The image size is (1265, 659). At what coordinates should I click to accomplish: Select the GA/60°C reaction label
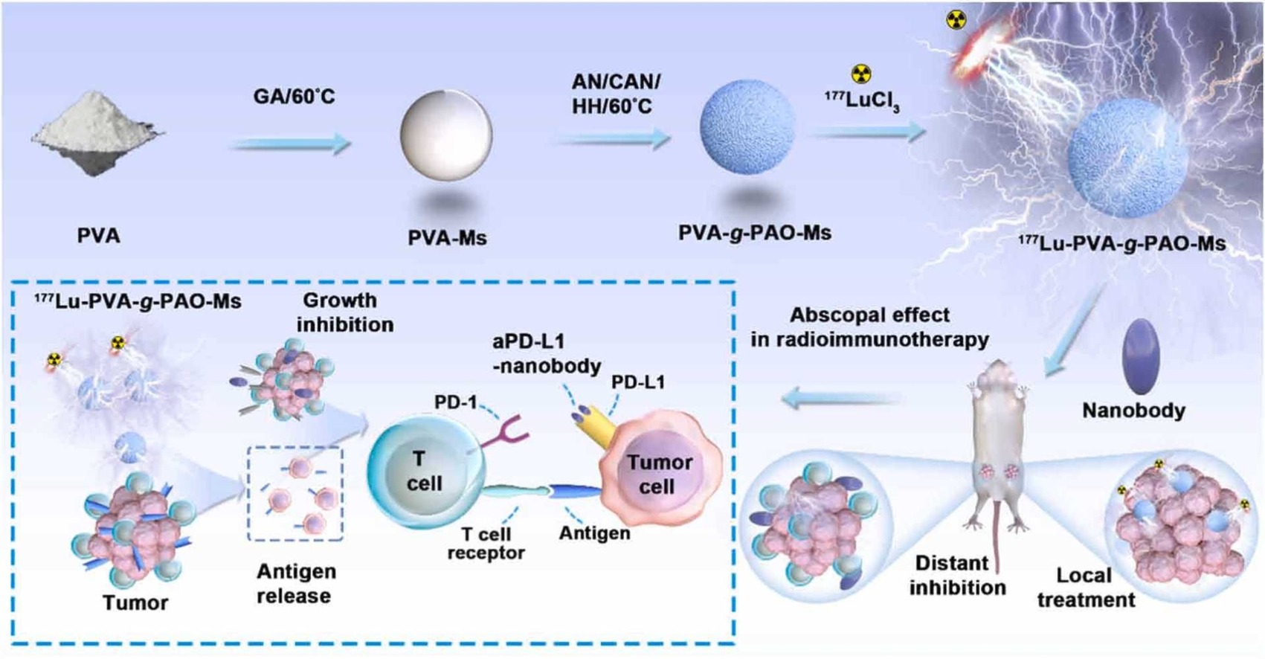[x=294, y=97]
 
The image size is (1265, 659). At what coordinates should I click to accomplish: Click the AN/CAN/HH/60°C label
[x=615, y=94]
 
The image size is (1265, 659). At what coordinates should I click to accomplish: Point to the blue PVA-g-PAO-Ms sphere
[x=747, y=126]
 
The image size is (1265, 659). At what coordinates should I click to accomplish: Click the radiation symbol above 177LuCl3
[x=860, y=74]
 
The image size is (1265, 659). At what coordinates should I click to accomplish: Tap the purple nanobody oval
[x=1141, y=356]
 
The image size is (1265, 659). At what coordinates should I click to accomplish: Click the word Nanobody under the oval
[x=1133, y=410]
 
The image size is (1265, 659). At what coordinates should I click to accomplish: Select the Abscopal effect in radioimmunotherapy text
[x=869, y=327]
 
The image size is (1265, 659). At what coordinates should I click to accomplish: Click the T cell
[x=424, y=472]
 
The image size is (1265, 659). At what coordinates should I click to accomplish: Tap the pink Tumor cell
[x=659, y=474]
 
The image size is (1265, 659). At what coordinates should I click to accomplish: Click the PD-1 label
[x=455, y=402]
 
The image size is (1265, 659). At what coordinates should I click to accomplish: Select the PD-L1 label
[x=638, y=382]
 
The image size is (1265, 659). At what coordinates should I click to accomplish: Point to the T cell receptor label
[x=486, y=543]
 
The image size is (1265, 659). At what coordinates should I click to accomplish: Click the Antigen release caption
[x=295, y=583]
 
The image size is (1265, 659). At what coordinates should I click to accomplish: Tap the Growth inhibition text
[x=344, y=312]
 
